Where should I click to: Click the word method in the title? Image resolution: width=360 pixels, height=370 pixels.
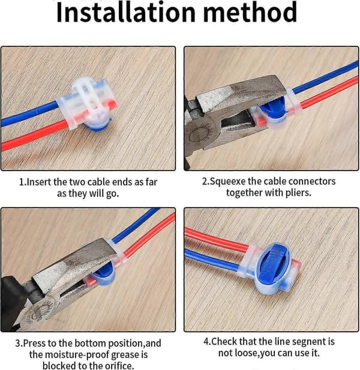pyautogui.click(x=250, y=12)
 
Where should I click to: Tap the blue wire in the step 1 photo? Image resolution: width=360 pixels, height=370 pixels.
pyautogui.click(x=29, y=114)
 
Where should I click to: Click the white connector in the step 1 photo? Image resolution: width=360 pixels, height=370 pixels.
pyautogui.click(x=88, y=103)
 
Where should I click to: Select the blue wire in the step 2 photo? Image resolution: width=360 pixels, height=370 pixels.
pyautogui.click(x=325, y=77)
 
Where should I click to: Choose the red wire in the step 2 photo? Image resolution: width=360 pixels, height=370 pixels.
pyautogui.click(x=330, y=92)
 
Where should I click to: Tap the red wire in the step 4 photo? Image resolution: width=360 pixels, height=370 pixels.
pyautogui.click(x=216, y=240)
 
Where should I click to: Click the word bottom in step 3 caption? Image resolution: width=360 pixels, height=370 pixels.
pyautogui.click(x=91, y=344)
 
